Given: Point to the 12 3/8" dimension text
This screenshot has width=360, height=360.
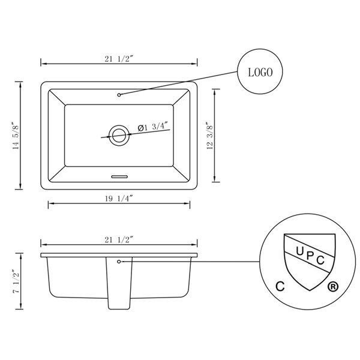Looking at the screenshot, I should pos(208,137).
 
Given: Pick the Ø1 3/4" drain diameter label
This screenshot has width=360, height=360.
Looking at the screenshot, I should pos(153,127).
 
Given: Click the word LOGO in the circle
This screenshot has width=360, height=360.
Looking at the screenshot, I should pos(260,73).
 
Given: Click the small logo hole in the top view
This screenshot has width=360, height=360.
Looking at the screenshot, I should pos(119,94).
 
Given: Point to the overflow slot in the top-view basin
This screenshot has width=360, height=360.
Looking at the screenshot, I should pos(119,176).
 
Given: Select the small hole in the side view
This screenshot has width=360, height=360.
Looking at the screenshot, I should pos(119,262).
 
